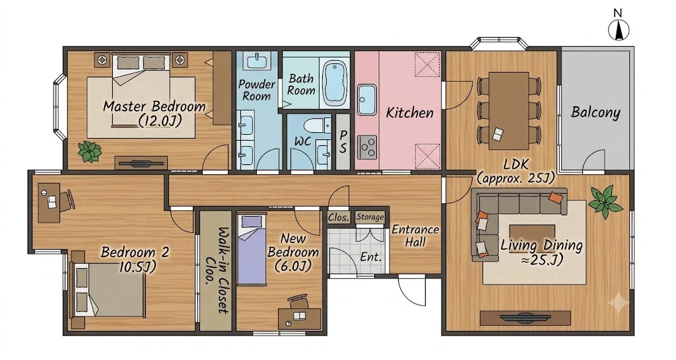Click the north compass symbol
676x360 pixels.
coord(618,30)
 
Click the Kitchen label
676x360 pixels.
coord(409,113)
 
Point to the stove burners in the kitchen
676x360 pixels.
coord(367,147)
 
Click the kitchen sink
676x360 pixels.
coord(366,100)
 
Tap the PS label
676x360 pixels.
coord(343,141)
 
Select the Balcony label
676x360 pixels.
coord(595,112)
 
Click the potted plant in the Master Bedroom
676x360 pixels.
coord(90,152)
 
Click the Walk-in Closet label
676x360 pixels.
coord(217,270)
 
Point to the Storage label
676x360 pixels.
coord(370,217)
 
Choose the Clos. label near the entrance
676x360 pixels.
coord(339,217)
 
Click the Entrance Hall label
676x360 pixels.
coord(415,236)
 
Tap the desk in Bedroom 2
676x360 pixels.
coord(49,202)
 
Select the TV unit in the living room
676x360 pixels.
coord(525,318)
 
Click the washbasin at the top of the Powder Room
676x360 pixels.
coord(258,60)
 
